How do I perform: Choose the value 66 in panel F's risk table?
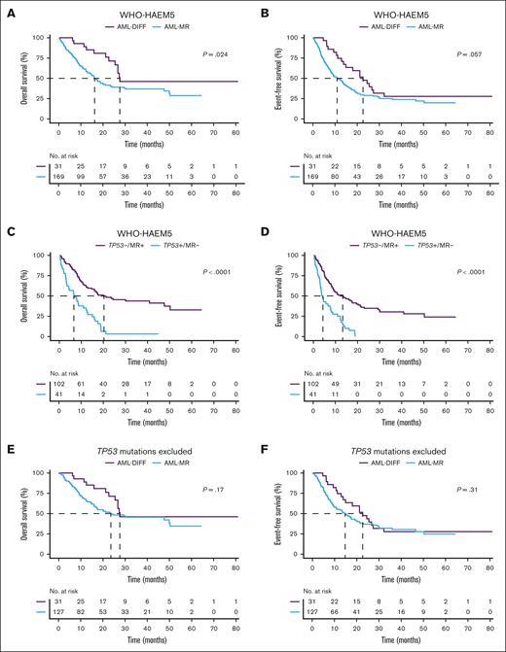[x=338, y=614]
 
